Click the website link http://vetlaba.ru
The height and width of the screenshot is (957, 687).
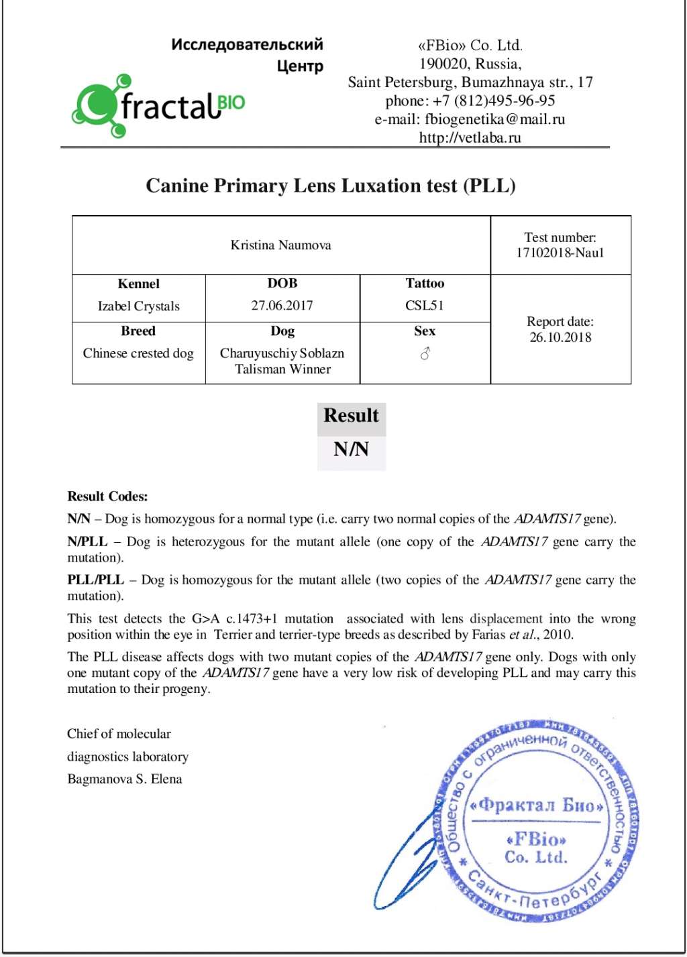pyautogui.click(x=470, y=137)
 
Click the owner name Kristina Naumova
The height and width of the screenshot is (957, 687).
pyautogui.click(x=280, y=245)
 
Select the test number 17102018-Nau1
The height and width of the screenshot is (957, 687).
pyautogui.click(x=560, y=253)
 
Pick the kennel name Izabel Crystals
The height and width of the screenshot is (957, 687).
pyautogui.click(x=139, y=306)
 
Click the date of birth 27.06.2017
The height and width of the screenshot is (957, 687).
pyautogui.click(x=282, y=306)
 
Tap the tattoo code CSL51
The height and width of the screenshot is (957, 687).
pyautogui.click(x=425, y=306)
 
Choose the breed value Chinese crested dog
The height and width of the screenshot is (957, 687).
pyautogui.click(x=138, y=353)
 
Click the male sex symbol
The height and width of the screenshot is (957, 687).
pyautogui.click(x=425, y=353)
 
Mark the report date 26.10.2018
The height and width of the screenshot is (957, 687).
pyautogui.click(x=560, y=337)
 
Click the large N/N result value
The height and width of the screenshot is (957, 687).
pyautogui.click(x=351, y=449)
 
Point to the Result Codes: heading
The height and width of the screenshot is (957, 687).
pyautogui.click(x=107, y=497)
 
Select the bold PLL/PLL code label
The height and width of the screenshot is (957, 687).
pyautogui.click(x=95, y=580)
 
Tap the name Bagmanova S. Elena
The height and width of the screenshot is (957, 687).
pyautogui.click(x=124, y=779)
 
